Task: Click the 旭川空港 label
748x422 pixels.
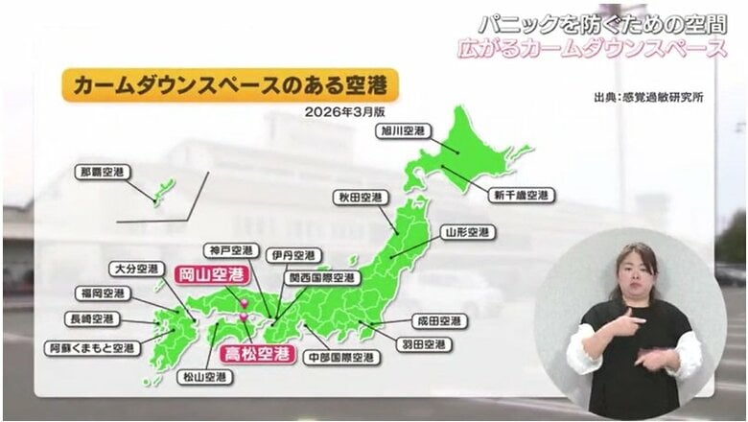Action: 401,130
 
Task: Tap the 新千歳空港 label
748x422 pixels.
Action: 522,195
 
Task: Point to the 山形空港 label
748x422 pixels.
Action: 468,232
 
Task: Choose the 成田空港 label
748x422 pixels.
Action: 439,320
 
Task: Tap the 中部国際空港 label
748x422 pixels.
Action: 340,358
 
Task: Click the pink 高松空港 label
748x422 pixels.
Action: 256,354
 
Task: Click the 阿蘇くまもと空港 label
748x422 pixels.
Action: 91,349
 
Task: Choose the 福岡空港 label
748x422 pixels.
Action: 102,293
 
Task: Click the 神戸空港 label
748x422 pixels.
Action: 230,251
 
